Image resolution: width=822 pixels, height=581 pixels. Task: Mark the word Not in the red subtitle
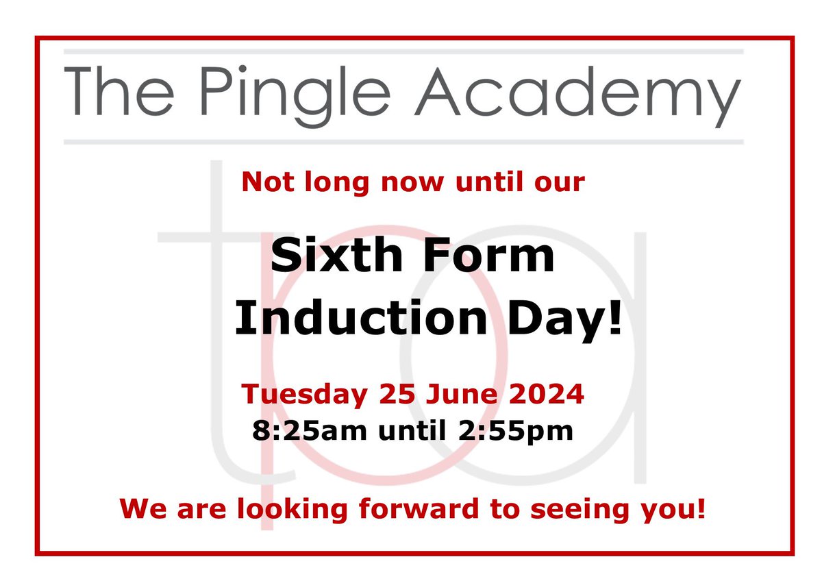pos(265,182)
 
